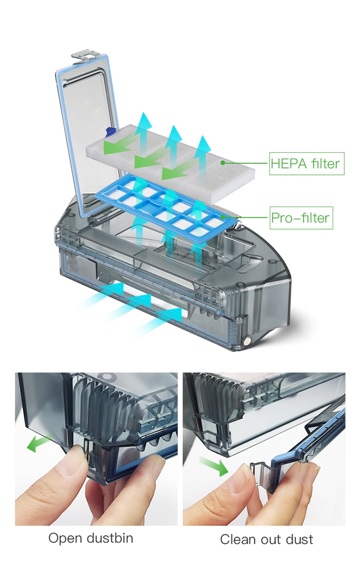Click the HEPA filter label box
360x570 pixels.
[x=307, y=164]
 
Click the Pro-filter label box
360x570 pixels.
[x=301, y=218]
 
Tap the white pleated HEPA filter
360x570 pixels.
[x=171, y=160]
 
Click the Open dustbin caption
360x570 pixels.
[x=91, y=538]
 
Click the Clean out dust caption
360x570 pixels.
[x=266, y=539]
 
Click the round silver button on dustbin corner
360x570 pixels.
[x=247, y=340]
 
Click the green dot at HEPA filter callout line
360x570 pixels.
[x=222, y=163]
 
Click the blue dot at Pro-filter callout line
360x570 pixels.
[x=226, y=218]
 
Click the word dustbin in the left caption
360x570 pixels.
[x=111, y=538]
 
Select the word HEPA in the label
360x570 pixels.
[x=289, y=164]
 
